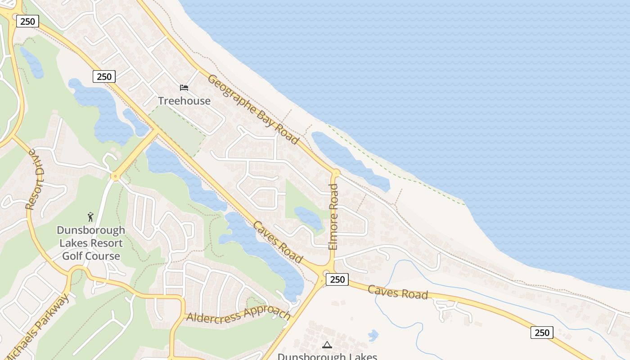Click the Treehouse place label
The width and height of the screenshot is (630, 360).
[184, 101]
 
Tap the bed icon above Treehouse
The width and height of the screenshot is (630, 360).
[184, 87]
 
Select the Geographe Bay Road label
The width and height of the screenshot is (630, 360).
[253, 109]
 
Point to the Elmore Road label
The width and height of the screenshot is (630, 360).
[333, 216]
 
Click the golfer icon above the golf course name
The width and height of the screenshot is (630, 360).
[91, 217]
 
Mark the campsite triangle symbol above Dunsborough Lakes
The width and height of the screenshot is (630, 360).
[327, 345]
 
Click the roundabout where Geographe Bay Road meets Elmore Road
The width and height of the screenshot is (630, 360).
[336, 172]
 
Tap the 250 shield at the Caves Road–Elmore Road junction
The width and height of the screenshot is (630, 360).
[337, 279]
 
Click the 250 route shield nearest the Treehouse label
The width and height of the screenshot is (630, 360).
[104, 76]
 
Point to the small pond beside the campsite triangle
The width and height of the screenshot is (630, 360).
[373, 335]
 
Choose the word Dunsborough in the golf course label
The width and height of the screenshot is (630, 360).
[91, 230]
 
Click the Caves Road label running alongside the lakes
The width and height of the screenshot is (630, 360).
[278, 242]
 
